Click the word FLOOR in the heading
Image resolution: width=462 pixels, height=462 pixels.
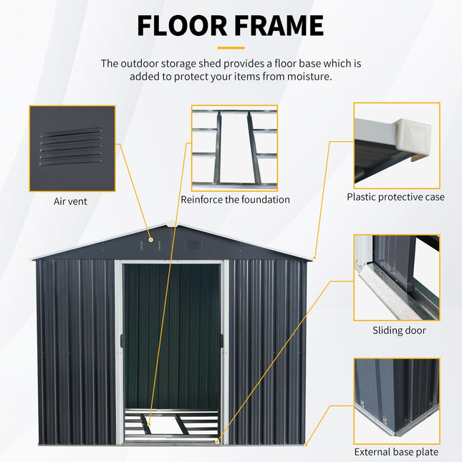[183, 26]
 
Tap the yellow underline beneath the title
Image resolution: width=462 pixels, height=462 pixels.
[231, 48]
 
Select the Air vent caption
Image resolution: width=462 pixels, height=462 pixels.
[70, 201]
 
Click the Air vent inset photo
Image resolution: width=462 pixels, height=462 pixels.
[72, 148]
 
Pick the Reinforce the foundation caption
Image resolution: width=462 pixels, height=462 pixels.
[235, 200]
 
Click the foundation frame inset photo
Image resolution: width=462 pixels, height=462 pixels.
[234, 148]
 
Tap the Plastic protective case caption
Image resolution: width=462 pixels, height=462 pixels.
[395, 197]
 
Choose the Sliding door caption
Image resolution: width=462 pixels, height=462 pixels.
[399, 330]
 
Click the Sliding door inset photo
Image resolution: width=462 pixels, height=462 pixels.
[396, 277]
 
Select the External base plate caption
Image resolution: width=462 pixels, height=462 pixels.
[396, 452]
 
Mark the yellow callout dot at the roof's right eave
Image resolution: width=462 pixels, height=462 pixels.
[313, 258]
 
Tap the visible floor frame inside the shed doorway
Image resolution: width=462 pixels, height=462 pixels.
[172, 424]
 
